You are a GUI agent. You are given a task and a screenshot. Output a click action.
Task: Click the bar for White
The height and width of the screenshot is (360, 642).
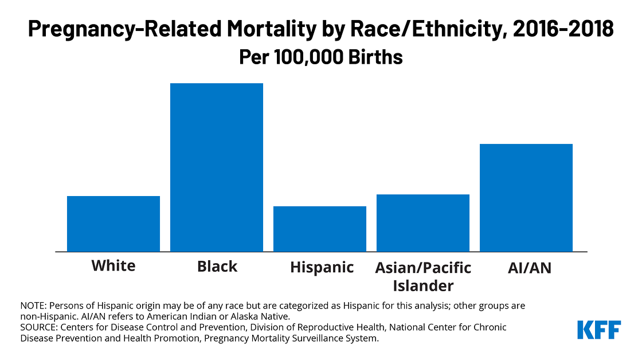[x=113, y=224]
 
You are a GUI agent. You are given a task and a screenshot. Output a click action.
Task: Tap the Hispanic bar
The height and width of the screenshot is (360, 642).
[x=320, y=229]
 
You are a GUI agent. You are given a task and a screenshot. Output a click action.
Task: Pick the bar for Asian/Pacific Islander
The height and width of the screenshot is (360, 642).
[x=423, y=223]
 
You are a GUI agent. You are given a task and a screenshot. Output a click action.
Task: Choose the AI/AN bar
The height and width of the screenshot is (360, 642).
[x=526, y=198]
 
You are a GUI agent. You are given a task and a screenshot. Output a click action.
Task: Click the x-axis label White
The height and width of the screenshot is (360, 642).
[x=113, y=266]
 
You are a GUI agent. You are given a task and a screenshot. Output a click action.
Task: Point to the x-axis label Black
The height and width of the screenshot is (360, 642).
[x=217, y=267]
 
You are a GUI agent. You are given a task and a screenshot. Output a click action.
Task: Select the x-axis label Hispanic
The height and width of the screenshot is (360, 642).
[x=322, y=267]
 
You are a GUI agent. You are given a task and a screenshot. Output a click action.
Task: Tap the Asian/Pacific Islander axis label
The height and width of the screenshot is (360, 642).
[x=423, y=276]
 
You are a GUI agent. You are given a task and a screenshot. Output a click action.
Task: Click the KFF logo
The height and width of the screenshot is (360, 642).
[x=599, y=330]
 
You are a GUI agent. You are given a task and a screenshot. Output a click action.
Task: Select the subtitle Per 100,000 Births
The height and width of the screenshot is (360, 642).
[x=320, y=58]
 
